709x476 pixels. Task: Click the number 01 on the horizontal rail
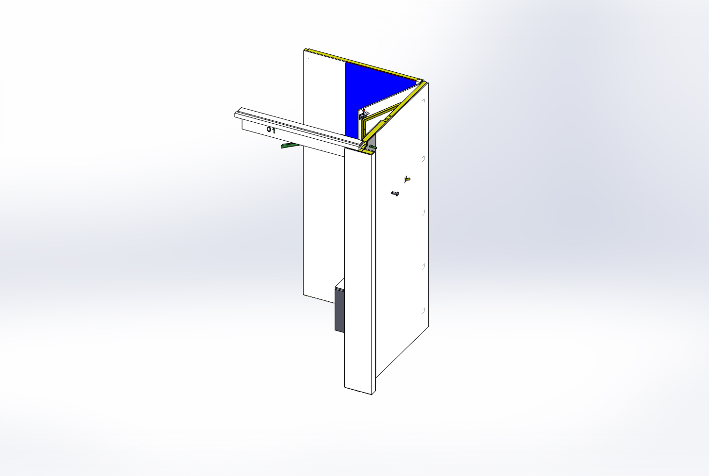[x=271, y=130]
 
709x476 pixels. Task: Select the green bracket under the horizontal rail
[x=290, y=146]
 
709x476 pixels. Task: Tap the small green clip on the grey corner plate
[x=373, y=147]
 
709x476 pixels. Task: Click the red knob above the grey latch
[x=364, y=111]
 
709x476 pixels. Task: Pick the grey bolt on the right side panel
[x=395, y=193]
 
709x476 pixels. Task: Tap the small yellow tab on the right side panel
[x=407, y=180]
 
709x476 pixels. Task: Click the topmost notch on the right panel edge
[x=423, y=101]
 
